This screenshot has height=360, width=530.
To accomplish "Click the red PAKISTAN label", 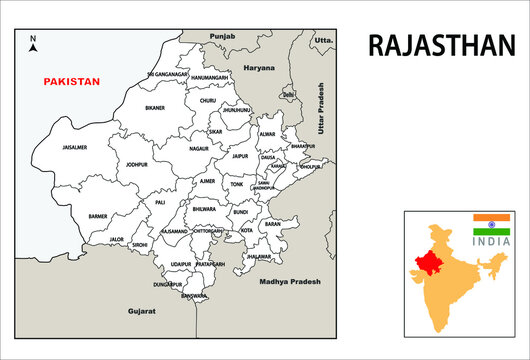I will click(x=71, y=82).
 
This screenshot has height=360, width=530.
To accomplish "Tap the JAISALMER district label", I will click(x=75, y=147).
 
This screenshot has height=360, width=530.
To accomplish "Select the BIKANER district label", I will click(x=155, y=107).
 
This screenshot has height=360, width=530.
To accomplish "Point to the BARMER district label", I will click(x=98, y=216).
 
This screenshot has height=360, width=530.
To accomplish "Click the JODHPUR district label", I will click(x=136, y=164).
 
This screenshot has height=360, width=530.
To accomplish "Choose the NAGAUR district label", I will click(x=199, y=147).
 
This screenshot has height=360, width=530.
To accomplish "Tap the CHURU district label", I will click(x=207, y=101).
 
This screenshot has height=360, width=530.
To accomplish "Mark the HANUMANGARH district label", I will click(x=210, y=77).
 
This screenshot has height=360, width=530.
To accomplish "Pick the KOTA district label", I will click(x=246, y=230).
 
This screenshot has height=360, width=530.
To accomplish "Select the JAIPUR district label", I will click(x=239, y=156).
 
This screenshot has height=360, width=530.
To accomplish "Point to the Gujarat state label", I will click(x=142, y=312).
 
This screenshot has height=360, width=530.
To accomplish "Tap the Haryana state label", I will click(x=259, y=68).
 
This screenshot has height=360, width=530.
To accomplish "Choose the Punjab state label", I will click(x=222, y=36).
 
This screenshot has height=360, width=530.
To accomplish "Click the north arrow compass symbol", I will click(x=33, y=43).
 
